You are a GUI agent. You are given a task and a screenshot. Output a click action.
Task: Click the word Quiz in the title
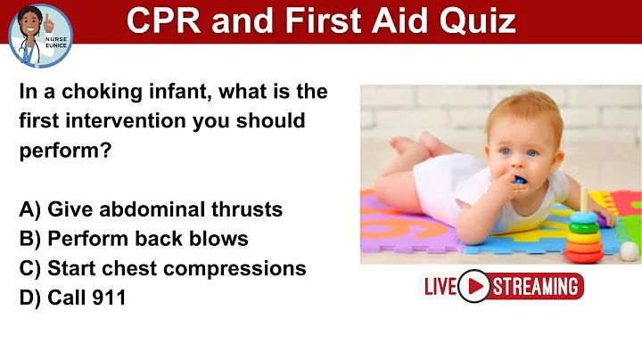tap(482, 20)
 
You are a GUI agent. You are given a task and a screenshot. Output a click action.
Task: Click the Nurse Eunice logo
tap(39, 35)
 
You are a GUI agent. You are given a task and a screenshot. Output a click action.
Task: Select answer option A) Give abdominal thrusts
tap(151, 209)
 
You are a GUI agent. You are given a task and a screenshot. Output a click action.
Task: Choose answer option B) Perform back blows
tap(134, 239)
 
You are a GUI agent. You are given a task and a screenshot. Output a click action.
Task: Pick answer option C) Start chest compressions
tap(162, 268)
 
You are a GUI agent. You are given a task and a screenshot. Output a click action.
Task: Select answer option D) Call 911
tap(72, 298)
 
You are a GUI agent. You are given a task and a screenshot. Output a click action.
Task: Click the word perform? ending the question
tap(65, 151)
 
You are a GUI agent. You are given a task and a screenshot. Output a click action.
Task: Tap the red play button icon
tap(473, 286)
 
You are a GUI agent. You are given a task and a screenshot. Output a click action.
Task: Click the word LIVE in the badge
tap(440, 286)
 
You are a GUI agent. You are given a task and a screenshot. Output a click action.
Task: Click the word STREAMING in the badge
tap(535, 286)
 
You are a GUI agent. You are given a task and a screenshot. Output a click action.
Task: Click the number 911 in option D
tap(109, 298)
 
